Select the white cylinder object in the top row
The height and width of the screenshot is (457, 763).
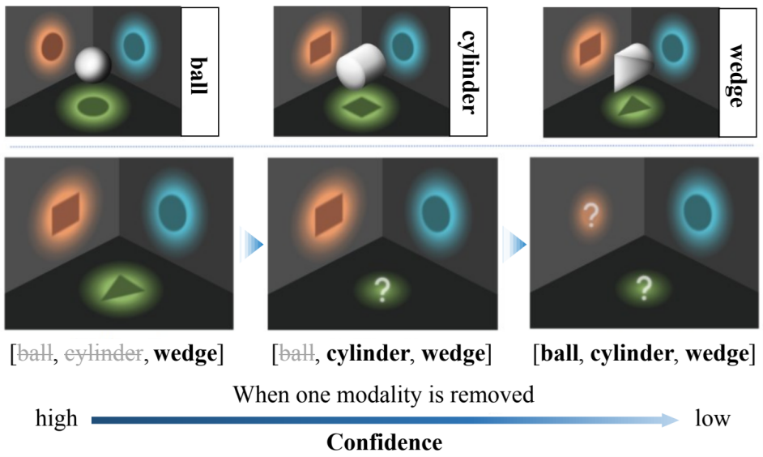click(x=362, y=69)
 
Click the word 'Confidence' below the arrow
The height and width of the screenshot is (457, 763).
click(x=384, y=442)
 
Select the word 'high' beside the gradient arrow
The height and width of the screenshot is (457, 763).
click(x=57, y=419)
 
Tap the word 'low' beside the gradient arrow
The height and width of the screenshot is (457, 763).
click(x=713, y=419)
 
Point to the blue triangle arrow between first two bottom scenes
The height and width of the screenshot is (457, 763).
click(x=254, y=243)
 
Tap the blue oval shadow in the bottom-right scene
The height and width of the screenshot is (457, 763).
click(x=697, y=212)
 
